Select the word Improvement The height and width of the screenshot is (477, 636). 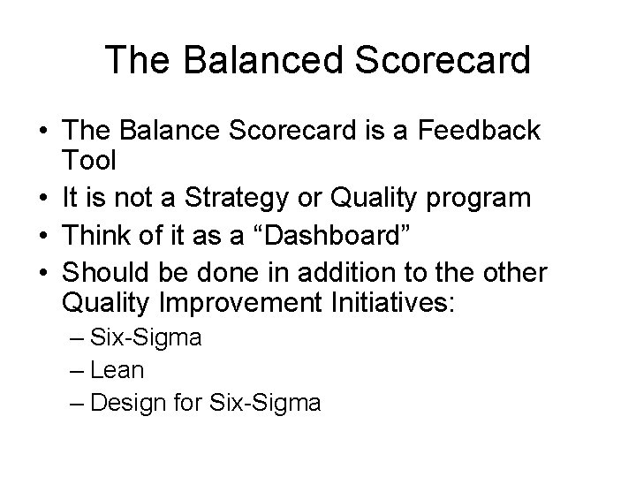241,302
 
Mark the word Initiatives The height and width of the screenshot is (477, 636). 389,302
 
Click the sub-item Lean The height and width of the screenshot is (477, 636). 117,370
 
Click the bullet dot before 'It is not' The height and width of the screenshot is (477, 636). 44,198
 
